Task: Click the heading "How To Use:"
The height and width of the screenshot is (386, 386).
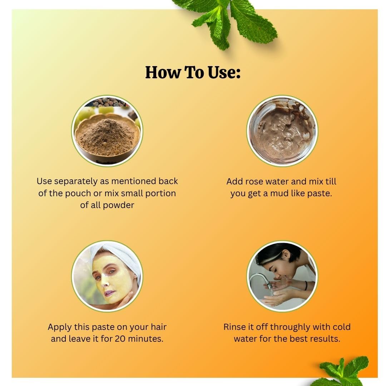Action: click(x=193, y=72)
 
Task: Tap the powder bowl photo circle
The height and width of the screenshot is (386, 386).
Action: click(x=107, y=131)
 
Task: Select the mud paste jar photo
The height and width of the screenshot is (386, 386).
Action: click(x=282, y=131)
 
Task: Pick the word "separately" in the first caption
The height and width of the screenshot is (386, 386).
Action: click(x=76, y=182)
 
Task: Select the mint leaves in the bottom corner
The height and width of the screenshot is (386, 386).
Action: click(x=345, y=371)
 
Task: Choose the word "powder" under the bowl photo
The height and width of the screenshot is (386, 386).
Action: click(x=118, y=205)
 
